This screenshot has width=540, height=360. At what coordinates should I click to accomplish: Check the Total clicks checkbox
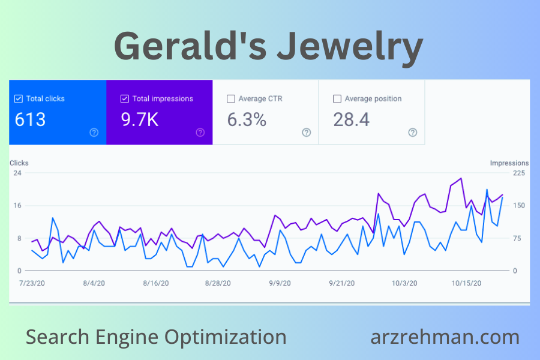click(x=19, y=98)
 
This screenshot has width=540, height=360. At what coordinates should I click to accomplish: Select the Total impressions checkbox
click(x=125, y=98)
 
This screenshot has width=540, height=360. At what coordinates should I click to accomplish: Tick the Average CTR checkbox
click(x=231, y=98)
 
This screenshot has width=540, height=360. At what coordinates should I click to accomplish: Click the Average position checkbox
click(x=337, y=98)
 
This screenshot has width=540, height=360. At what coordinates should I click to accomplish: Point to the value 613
click(x=30, y=119)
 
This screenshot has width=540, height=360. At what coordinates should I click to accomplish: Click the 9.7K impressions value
click(x=139, y=119)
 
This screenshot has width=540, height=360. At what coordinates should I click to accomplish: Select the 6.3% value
click(x=246, y=119)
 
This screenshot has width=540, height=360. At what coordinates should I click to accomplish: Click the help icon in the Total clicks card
click(x=94, y=133)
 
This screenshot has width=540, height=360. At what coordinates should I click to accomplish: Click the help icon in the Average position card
click(x=412, y=133)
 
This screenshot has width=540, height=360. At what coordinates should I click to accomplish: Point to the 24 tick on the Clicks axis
click(x=17, y=173)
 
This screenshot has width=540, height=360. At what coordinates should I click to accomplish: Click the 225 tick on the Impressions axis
click(x=518, y=173)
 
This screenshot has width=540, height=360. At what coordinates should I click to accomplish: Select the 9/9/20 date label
click(x=281, y=283)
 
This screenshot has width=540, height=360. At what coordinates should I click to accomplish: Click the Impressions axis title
click(x=509, y=163)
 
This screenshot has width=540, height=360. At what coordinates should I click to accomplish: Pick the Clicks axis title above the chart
click(x=19, y=163)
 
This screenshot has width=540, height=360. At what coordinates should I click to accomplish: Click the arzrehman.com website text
click(x=445, y=337)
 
